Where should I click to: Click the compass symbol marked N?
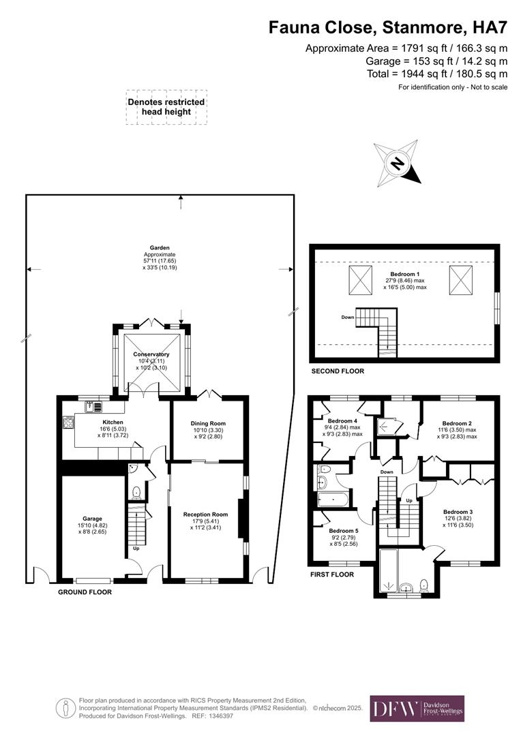pos(396,164)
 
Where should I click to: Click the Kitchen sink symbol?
pos(93,407)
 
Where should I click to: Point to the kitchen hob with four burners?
pos(68,423)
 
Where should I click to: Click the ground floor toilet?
pos(136,491)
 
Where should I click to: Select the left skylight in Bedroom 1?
pos(360,280)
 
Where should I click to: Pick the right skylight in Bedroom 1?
pos(459,280)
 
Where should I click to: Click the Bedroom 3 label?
pos(458,512)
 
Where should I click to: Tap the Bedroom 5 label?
pos(343,531)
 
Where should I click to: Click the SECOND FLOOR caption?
pos(337,371)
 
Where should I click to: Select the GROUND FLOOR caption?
pos(85,592)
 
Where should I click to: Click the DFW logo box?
pos(417,708)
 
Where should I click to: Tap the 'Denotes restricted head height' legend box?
pos(166,107)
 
